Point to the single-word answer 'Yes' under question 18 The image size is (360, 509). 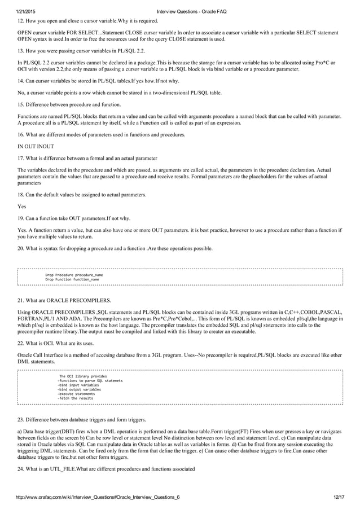[x=23, y=206]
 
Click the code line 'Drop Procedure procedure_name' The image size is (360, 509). [x=74, y=274]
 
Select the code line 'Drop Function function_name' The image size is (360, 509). [x=72, y=279]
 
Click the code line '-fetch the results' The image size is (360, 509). [x=75, y=398]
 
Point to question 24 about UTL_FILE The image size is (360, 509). [x=107, y=469]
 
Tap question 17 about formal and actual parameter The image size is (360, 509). [x=87, y=157]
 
